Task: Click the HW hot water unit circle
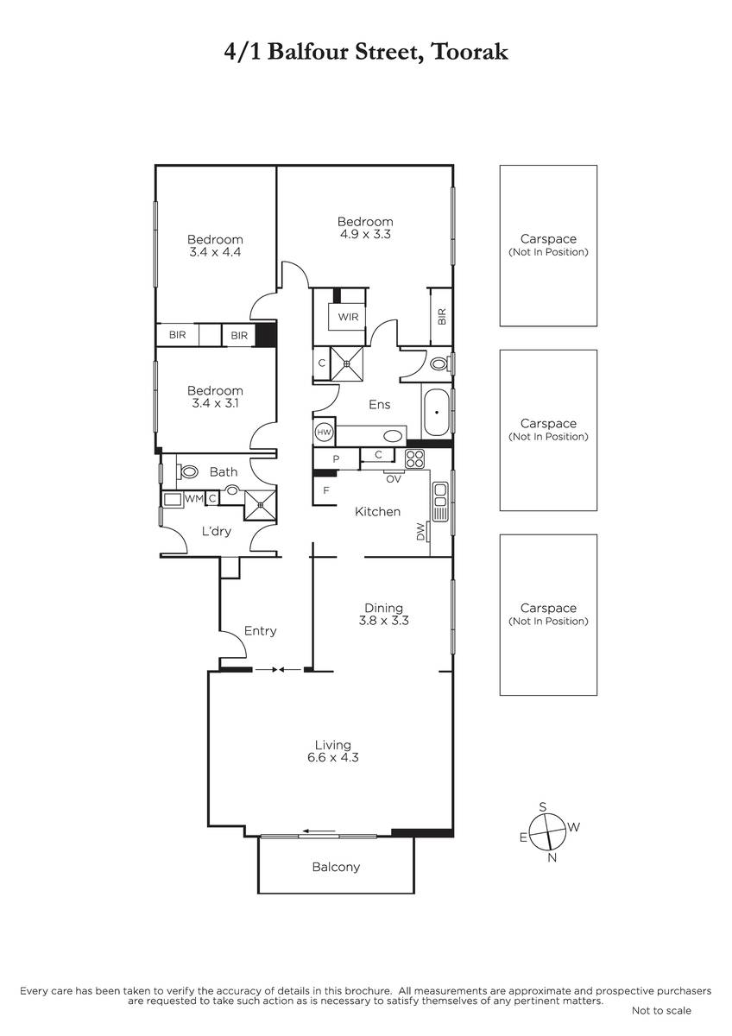324,432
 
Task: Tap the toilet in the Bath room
187,472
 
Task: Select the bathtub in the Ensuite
436,412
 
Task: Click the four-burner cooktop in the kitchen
414,458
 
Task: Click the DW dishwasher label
420,531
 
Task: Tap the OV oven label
393,479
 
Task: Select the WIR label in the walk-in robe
348,318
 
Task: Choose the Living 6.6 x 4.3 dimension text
333,757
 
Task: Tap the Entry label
260,631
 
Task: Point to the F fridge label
326,490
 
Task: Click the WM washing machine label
194,499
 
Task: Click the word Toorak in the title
470,51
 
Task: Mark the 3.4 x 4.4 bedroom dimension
215,252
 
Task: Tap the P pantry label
336,458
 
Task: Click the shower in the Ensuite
347,363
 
